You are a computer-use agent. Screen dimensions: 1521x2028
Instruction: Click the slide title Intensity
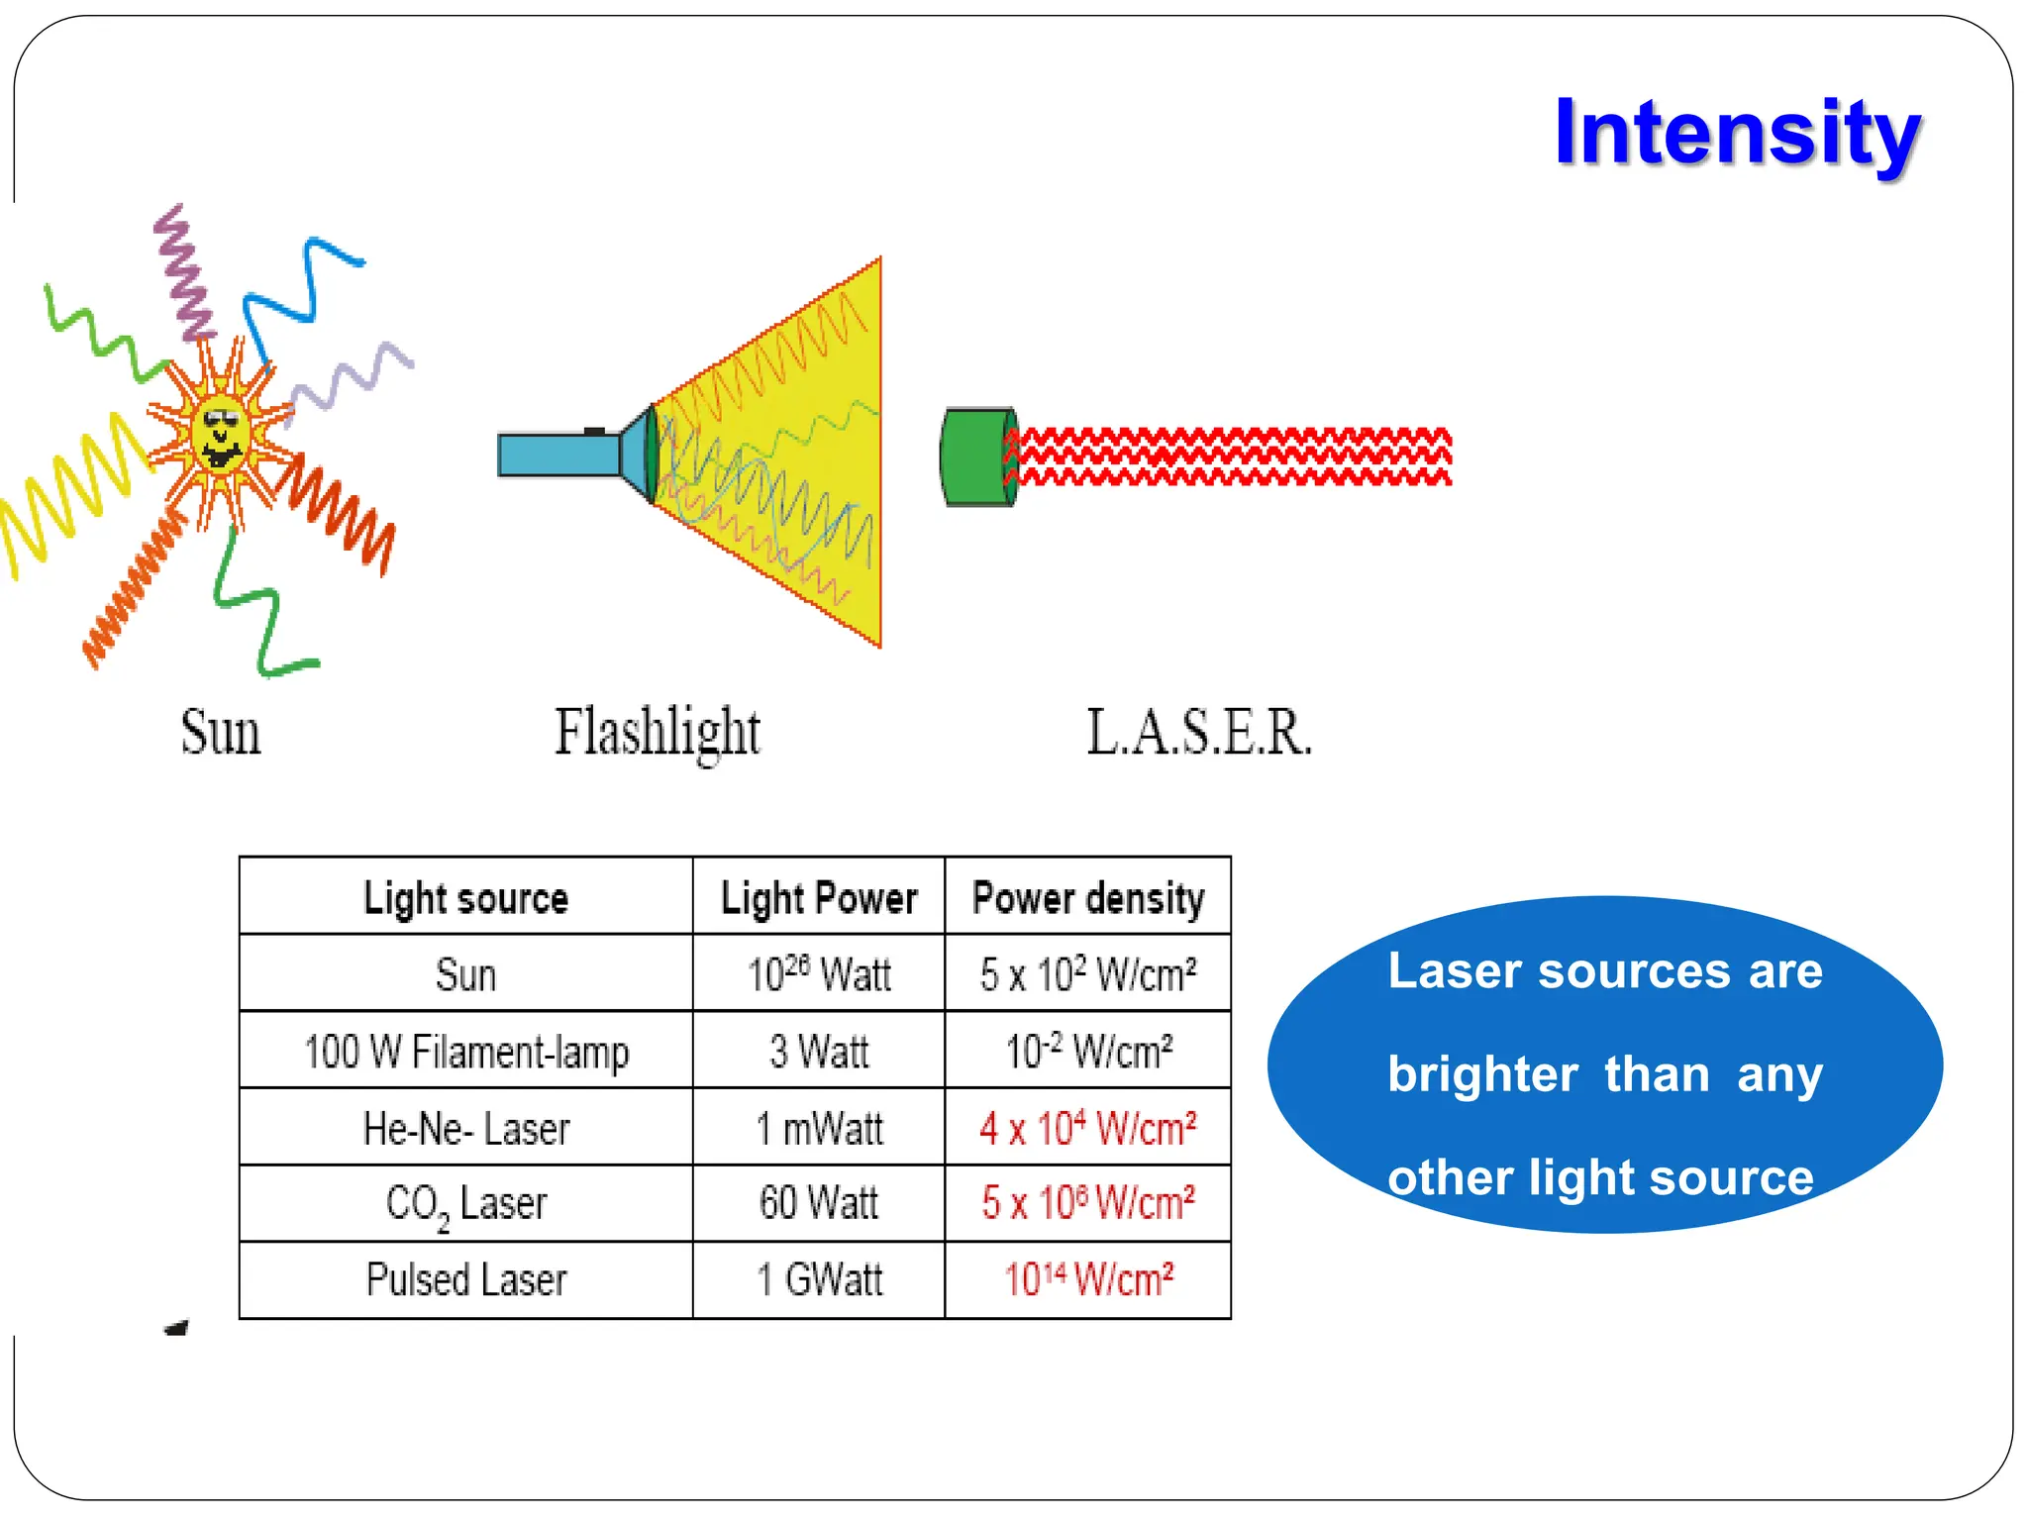point(1737,134)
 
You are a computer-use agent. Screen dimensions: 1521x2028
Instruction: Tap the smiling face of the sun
point(222,436)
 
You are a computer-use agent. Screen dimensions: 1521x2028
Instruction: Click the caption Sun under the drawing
point(220,733)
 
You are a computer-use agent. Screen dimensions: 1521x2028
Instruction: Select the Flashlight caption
point(657,733)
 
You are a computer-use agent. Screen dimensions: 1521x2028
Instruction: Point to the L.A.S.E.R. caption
point(1199,733)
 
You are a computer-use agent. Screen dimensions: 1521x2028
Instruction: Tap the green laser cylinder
point(976,456)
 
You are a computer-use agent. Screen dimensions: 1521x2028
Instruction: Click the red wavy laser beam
point(1233,456)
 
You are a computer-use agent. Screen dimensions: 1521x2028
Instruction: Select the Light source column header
point(465,897)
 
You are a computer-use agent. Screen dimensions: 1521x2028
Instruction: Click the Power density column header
point(1087,897)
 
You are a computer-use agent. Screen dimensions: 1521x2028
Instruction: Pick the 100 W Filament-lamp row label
point(465,1052)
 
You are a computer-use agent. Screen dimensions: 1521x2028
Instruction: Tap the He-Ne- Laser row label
point(465,1128)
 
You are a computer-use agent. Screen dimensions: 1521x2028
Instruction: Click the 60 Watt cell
point(818,1203)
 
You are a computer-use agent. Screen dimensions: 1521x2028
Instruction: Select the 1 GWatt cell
point(818,1279)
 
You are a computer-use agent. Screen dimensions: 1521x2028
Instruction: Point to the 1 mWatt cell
point(818,1128)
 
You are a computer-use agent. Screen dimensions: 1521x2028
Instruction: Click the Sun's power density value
point(1087,974)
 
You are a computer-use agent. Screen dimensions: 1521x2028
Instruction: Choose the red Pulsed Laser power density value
point(1087,1279)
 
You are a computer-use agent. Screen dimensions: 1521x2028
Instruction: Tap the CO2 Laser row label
point(465,1204)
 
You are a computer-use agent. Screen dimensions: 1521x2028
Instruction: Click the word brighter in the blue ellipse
point(1482,1074)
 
